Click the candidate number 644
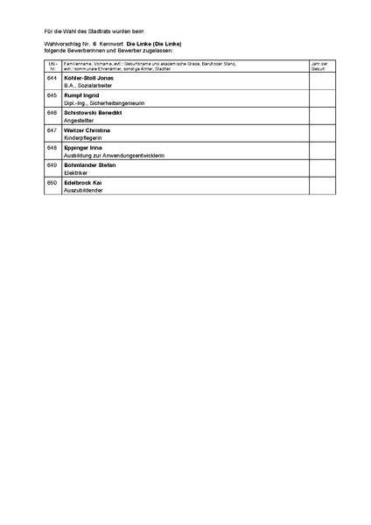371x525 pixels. coord(52,78)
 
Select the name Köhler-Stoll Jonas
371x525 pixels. coord(88,78)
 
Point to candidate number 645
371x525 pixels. coord(52,95)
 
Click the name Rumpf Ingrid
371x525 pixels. coord(81,95)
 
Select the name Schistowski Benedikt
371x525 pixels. coord(93,113)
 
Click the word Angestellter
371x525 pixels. coord(79,121)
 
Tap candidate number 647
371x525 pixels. coord(52,130)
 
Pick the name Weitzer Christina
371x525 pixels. coord(87,130)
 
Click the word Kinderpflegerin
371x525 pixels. coord(82,138)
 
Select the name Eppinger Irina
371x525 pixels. coord(84,147)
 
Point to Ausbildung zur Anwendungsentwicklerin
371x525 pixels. coord(114,155)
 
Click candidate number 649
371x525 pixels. coord(52,164)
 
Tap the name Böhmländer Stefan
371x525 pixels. coord(90,164)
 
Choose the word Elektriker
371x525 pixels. coord(77,172)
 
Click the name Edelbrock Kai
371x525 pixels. coord(83,182)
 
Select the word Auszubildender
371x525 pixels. coord(84,190)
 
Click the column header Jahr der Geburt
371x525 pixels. coord(320,66)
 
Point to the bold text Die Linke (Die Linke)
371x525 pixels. coord(153,42)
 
